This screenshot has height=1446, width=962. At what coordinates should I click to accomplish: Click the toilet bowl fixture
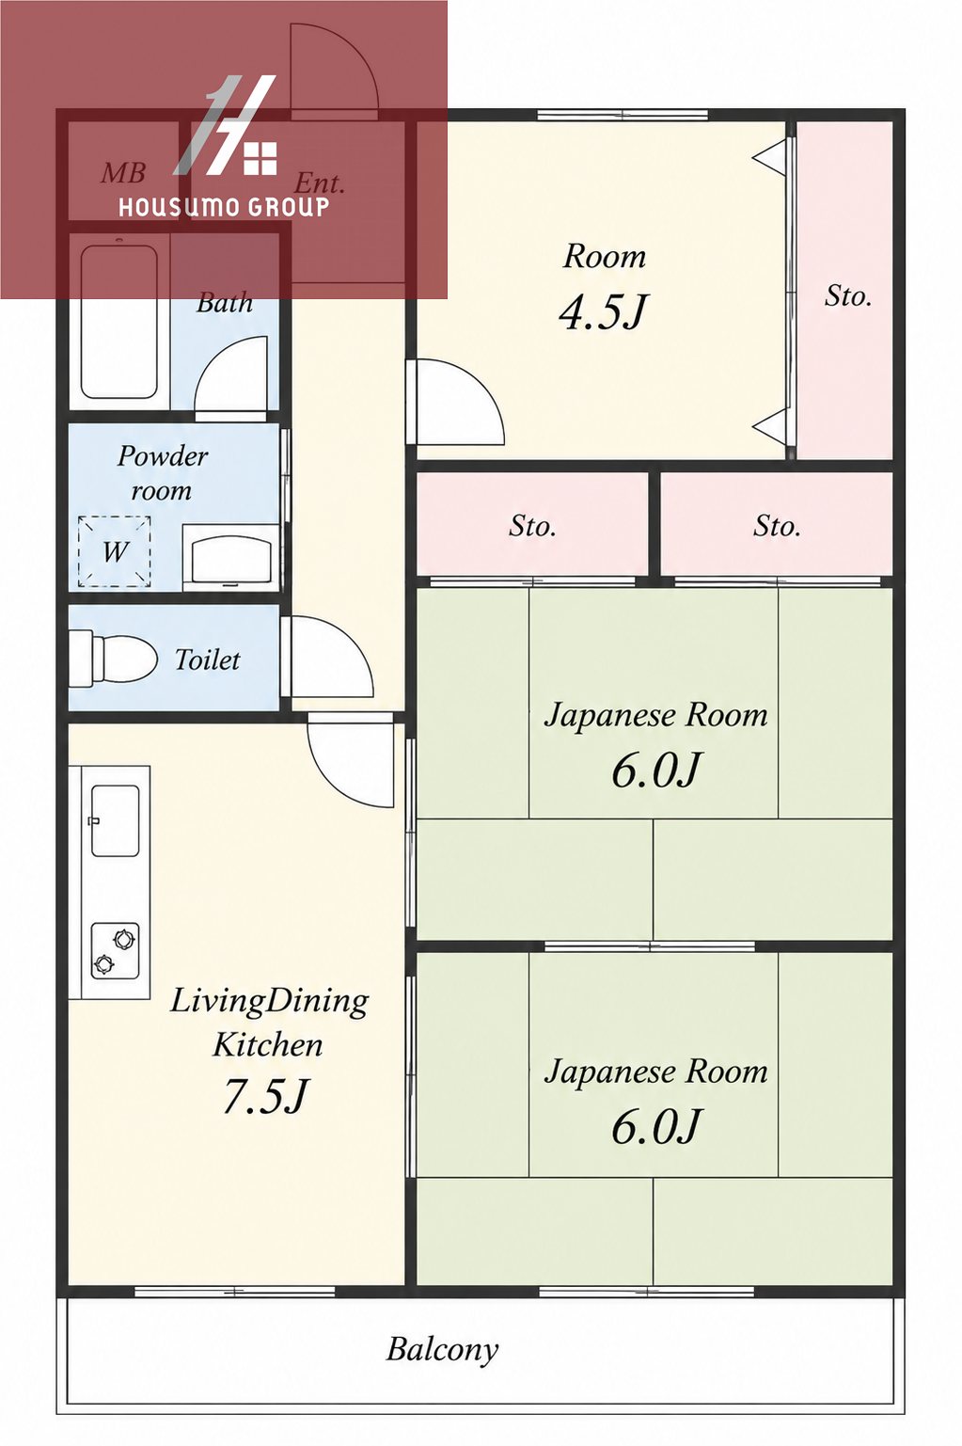[x=114, y=659]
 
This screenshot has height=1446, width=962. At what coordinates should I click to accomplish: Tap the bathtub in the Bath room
[x=119, y=322]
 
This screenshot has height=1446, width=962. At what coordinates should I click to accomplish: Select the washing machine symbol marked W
[x=114, y=551]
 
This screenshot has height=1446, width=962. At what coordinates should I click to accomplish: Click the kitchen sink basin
[x=116, y=819]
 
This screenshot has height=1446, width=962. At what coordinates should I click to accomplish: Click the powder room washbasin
[x=230, y=557]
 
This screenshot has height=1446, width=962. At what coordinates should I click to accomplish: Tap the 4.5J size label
[x=603, y=313]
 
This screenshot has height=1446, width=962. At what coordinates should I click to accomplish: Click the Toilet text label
[x=207, y=659]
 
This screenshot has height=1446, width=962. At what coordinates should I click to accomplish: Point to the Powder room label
[x=162, y=473]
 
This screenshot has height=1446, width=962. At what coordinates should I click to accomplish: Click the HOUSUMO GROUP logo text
[x=224, y=207]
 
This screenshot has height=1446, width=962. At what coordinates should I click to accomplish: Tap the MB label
[x=123, y=172]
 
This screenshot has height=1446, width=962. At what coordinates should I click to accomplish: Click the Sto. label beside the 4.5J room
[x=848, y=296]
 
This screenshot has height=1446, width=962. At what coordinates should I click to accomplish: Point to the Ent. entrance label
[x=320, y=184]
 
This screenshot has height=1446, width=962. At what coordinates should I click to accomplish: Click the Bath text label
[x=225, y=302]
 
